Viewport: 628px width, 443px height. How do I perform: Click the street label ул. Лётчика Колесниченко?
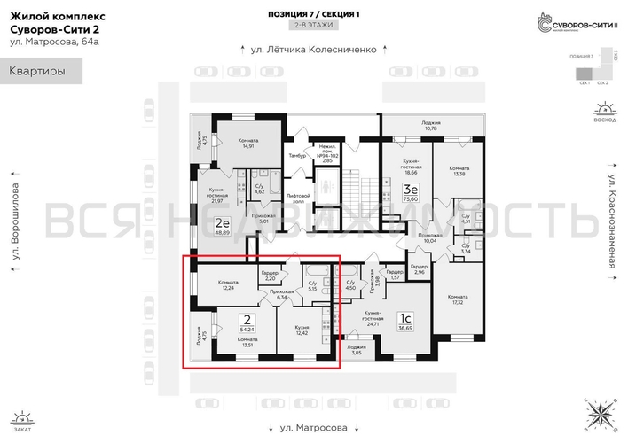pos(314,51)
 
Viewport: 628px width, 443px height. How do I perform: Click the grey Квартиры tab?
pos(42,72)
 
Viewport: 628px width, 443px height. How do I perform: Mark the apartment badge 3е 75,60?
pos(411,193)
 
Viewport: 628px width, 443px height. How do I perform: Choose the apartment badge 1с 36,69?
pos(404,322)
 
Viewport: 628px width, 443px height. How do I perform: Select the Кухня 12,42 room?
pos(302,329)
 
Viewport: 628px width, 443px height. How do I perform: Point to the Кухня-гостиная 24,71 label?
pos(368,318)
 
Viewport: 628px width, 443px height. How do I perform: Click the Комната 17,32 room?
pos(458,299)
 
